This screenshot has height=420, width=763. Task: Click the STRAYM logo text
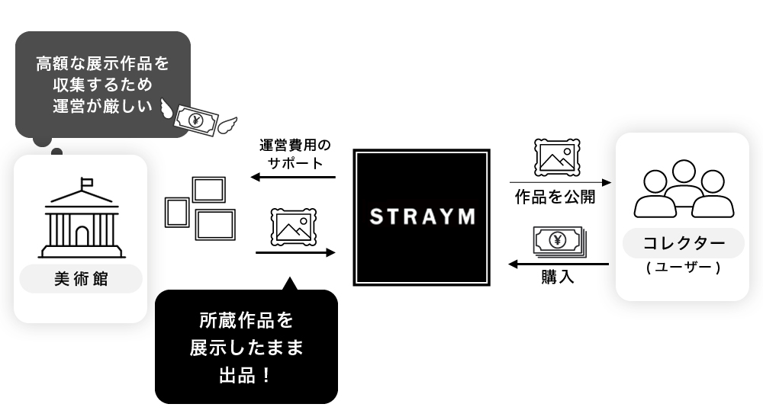tap(421, 217)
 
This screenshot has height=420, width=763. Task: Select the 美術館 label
tap(81, 279)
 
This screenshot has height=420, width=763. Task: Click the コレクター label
tap(683, 244)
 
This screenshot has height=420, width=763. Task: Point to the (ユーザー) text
tap(683, 268)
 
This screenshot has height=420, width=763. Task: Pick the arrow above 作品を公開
tap(561, 183)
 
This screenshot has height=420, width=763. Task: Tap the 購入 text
tap(558, 277)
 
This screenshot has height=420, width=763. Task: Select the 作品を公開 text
tap(555, 197)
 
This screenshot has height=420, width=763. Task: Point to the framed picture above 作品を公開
tap(557, 157)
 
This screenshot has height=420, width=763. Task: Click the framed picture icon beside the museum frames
tap(293, 226)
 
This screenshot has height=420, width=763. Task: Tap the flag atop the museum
tap(86, 183)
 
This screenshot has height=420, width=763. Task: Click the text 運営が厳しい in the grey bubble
tap(102, 107)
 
